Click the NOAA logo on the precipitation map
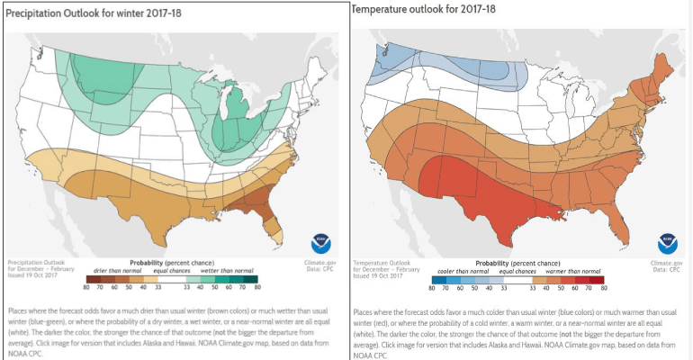(320, 242)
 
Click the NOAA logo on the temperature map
(667, 242)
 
